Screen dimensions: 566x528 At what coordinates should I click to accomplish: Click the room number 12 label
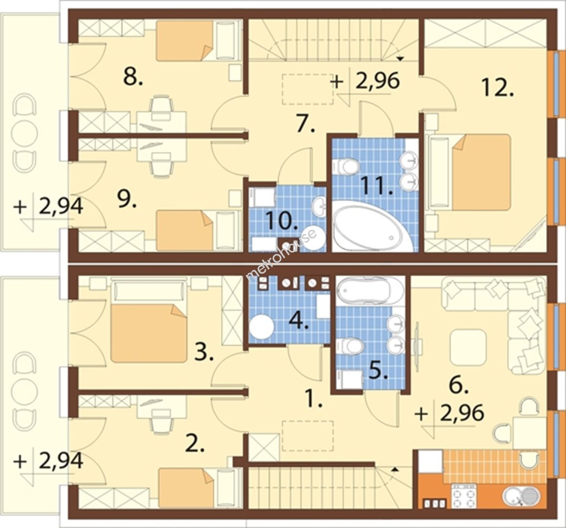coord(497,88)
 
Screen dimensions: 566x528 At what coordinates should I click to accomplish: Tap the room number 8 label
coord(133,77)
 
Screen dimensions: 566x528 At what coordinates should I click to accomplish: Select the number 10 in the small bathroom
coord(283,220)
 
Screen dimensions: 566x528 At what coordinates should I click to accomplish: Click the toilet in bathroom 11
coord(346,167)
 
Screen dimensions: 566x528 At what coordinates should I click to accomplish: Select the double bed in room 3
coord(149,333)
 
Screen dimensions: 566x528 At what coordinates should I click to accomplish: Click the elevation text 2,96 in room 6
coord(461,412)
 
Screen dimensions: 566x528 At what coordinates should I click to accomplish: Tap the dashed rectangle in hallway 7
coord(307,89)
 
